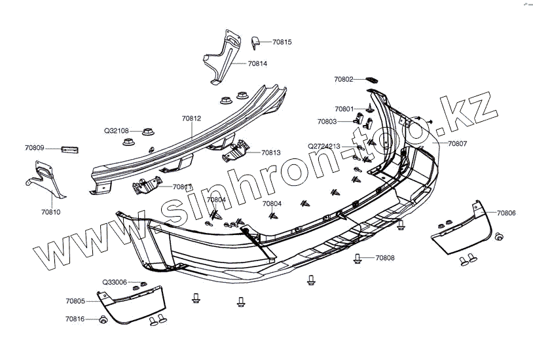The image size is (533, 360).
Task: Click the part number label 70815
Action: tap(282, 42)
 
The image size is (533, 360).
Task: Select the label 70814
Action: tap(257, 64)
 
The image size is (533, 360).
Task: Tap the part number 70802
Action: tap(343, 79)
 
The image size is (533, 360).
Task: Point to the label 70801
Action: tap(344, 109)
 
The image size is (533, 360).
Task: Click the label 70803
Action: tap(327, 122)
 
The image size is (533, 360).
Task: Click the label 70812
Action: tap(191, 118)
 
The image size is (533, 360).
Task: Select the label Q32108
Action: tap(117, 130)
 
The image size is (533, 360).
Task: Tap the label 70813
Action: tap(271, 153)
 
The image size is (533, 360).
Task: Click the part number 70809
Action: tap(35, 149)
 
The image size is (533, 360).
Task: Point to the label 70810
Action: tap(50, 212)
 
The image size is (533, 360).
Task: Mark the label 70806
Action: tap(505, 213)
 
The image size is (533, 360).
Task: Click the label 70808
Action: tap(385, 258)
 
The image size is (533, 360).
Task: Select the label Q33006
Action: tap(115, 282)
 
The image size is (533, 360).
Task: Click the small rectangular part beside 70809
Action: tap(69, 149)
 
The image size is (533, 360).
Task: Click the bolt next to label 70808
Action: tap(358, 259)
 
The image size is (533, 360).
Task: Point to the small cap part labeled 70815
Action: tap(255, 43)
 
